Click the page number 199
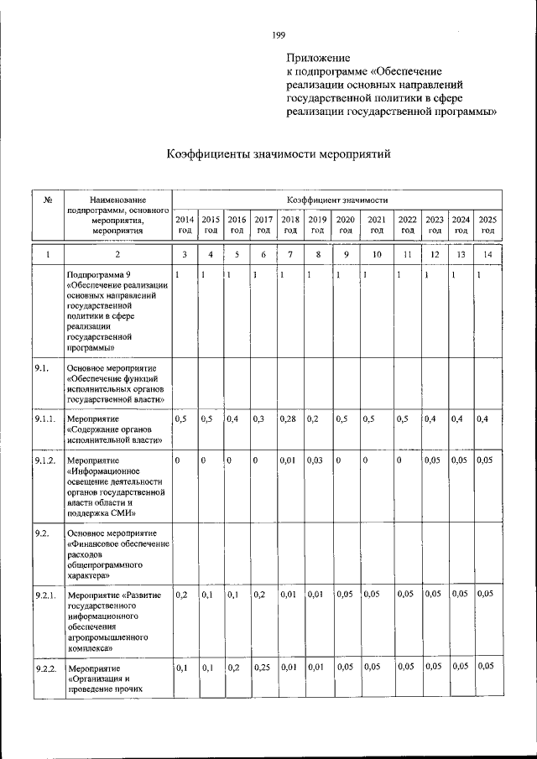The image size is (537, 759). click(279, 34)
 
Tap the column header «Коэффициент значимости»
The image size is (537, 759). click(336, 200)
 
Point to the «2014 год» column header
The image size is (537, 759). click(185, 224)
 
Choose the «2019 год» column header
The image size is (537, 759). click(316, 224)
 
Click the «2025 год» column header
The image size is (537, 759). click(487, 224)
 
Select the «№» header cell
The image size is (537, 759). click(49, 200)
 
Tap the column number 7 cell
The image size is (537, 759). click(290, 254)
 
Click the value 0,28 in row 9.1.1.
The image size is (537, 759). click(288, 418)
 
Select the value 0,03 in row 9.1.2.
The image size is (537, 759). click(315, 460)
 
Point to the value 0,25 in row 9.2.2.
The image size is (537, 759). click(263, 668)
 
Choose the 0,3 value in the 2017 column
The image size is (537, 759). click(258, 418)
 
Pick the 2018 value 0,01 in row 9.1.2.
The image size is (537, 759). click(288, 460)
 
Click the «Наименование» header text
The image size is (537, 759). click(117, 200)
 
